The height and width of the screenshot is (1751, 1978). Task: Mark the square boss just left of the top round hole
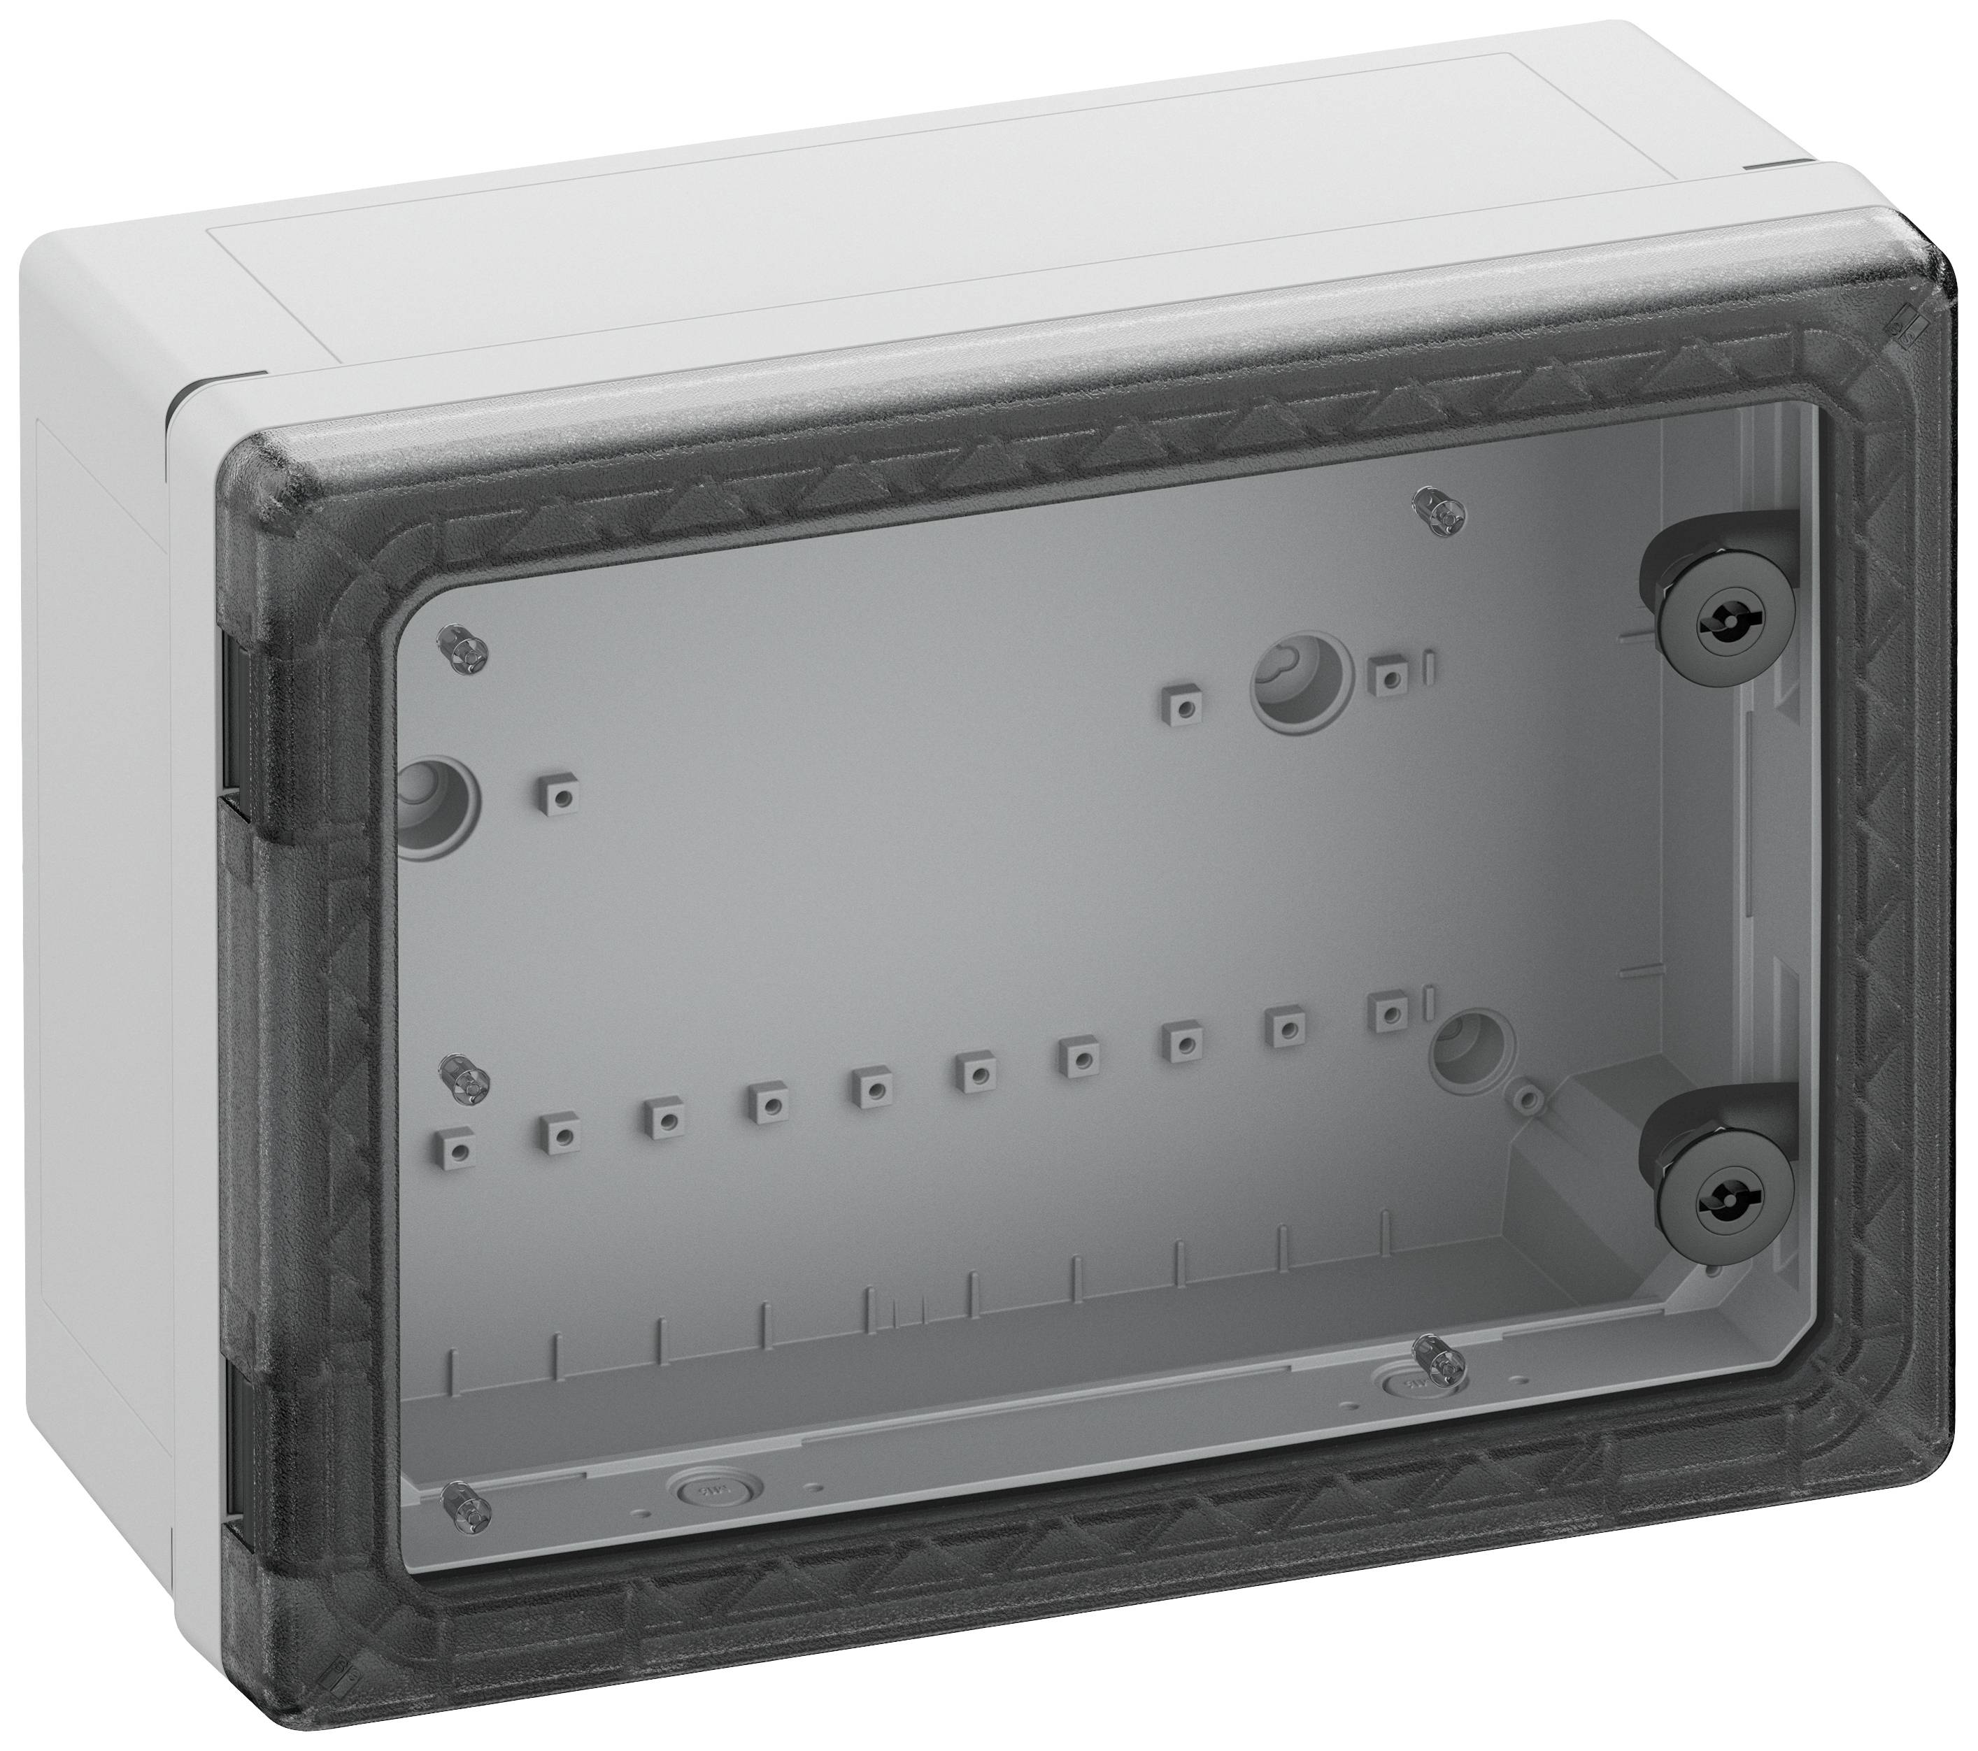pos(1186,707)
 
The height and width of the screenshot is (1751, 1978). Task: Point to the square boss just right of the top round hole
pos(1390,678)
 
